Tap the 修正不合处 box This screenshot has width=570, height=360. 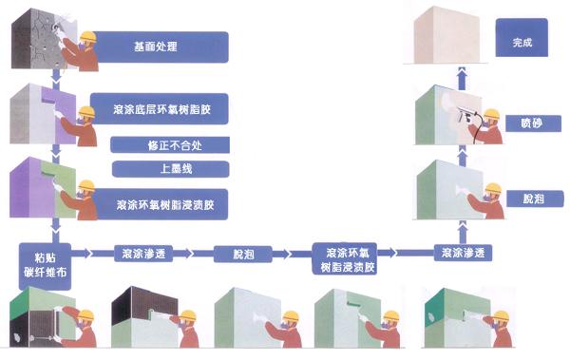(x=170, y=145)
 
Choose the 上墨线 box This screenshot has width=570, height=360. (x=170, y=169)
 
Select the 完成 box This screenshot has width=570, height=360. (x=522, y=43)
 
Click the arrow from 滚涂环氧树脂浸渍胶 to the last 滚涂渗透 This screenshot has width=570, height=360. (x=408, y=254)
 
